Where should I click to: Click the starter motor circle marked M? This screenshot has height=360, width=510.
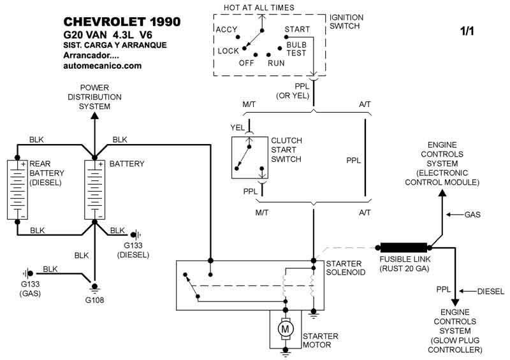[x=285, y=328]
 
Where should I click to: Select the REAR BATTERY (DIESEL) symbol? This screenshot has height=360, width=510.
[x=18, y=189]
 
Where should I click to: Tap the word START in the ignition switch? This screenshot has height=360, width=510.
[x=297, y=30]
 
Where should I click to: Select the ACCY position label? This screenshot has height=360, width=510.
[x=226, y=30]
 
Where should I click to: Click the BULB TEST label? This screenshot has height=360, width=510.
[x=296, y=48]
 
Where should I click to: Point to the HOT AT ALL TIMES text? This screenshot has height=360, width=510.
[x=259, y=8]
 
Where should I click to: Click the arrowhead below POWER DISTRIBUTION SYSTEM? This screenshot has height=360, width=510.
[x=94, y=116]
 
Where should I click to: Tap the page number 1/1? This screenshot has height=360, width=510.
[x=469, y=29]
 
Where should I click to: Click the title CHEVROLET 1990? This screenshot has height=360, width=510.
[x=122, y=22]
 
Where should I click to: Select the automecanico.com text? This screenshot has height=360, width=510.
[x=102, y=66]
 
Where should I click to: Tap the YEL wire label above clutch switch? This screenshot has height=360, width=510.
[x=237, y=127]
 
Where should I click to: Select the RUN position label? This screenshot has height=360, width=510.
[x=276, y=63]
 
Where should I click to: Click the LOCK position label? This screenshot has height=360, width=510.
[x=228, y=51]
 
